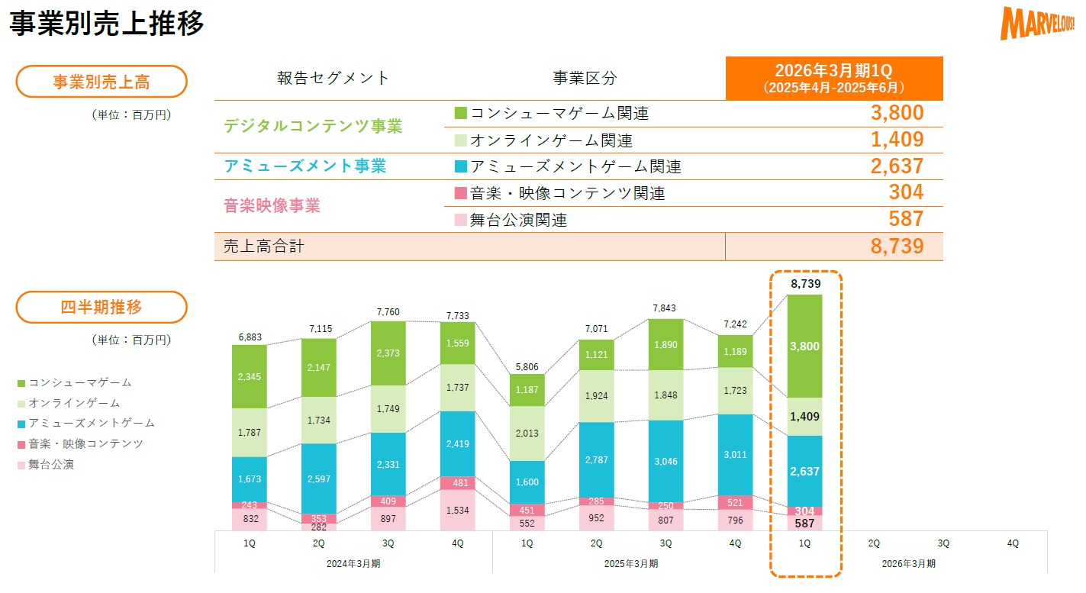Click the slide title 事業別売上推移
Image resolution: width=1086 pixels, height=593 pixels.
click(x=107, y=23)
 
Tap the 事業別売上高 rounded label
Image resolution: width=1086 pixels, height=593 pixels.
click(x=102, y=82)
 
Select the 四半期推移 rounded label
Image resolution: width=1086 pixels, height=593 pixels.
click(x=102, y=308)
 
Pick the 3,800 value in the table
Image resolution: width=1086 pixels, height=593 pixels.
click(x=897, y=114)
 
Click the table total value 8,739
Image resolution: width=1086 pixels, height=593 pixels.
click(x=897, y=247)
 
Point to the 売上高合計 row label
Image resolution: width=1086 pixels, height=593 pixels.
click(x=263, y=247)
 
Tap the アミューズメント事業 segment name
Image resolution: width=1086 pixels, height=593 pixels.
click(x=305, y=166)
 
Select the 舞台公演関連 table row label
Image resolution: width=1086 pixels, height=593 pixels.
click(x=519, y=221)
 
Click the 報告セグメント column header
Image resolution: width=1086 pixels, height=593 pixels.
click(x=333, y=78)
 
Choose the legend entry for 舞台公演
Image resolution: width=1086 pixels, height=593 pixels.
click(x=51, y=464)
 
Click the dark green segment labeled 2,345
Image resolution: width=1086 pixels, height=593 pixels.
click(x=250, y=376)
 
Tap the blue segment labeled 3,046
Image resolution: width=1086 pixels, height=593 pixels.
click(x=665, y=462)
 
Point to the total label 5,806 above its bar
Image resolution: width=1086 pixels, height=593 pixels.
click(x=527, y=366)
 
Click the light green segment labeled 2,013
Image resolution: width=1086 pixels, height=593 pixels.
click(x=527, y=434)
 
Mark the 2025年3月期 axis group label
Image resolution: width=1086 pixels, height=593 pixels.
click(x=631, y=564)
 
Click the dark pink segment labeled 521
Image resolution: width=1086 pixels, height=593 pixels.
click(x=735, y=502)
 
